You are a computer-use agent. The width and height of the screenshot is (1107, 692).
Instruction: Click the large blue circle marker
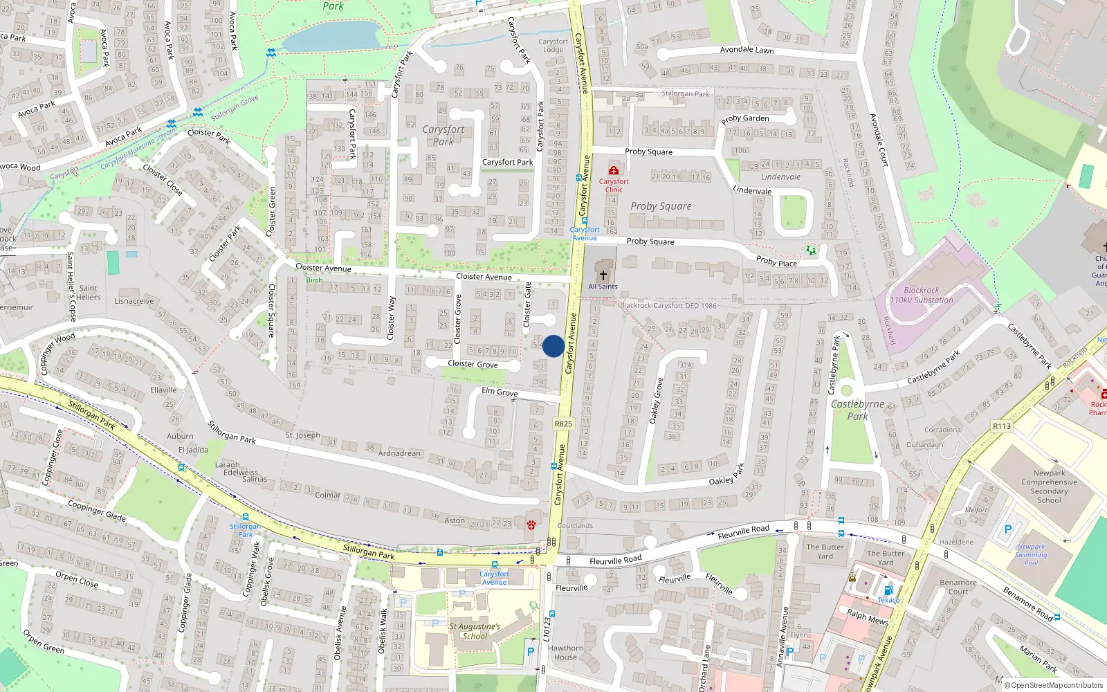(553, 346)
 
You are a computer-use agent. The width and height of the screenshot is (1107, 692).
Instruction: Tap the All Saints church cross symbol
(603, 275)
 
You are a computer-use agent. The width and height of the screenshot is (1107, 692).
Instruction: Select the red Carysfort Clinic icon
(613, 170)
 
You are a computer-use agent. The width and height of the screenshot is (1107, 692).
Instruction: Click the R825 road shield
(563, 424)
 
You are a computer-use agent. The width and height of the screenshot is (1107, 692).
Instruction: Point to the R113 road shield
(1002, 426)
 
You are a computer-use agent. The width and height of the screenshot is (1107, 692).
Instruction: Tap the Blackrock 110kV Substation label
(921, 295)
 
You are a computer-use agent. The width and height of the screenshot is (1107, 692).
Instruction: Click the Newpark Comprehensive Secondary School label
(1049, 486)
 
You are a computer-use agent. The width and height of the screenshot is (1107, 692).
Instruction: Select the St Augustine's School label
(475, 631)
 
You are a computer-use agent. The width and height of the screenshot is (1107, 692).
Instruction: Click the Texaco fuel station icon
(888, 590)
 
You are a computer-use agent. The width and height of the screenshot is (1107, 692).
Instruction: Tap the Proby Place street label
(776, 262)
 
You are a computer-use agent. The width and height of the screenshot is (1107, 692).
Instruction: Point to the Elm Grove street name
(500, 392)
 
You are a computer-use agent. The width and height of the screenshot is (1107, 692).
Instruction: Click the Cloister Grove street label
(473, 364)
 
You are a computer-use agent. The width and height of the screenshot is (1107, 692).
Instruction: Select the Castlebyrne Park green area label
(857, 410)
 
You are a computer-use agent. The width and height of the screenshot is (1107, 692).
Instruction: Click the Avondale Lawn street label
(747, 50)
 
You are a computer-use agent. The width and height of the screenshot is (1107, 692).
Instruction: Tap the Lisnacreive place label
(134, 301)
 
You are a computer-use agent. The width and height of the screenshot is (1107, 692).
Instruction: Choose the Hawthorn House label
(565, 653)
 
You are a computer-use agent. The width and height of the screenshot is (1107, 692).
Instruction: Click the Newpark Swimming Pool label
(1031, 554)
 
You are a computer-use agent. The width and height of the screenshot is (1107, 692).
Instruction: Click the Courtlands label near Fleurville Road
(575, 526)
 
